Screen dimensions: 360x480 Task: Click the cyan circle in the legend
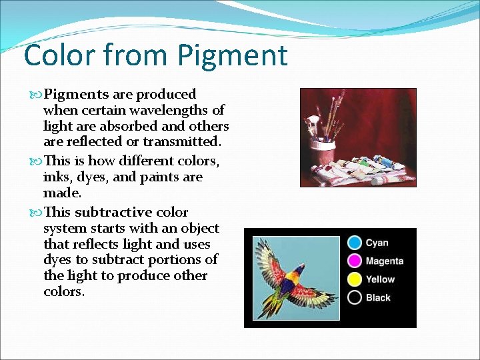(355, 243)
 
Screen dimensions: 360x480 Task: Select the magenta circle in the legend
(355, 261)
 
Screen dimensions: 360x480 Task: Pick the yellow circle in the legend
(355, 279)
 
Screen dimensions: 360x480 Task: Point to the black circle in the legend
(355, 297)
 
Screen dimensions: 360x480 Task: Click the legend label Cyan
(377, 243)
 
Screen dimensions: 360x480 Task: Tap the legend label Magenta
(385, 261)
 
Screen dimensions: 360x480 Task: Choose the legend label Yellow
(380, 279)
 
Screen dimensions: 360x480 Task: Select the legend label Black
(378, 297)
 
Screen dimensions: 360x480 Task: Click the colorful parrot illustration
(293, 277)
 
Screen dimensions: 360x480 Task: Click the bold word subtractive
(113, 212)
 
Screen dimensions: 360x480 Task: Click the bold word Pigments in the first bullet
(73, 94)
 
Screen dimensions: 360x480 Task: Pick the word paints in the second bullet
(159, 177)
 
